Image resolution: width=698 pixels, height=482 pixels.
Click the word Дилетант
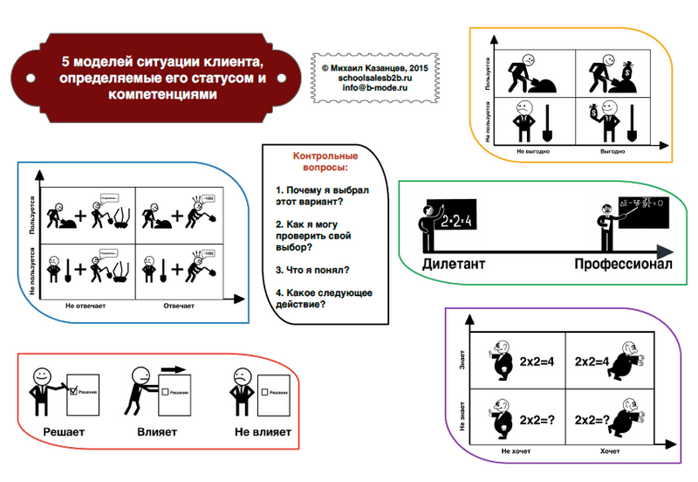454,265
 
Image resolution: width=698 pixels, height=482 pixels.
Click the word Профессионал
623,265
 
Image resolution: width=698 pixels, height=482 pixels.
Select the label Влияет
157,431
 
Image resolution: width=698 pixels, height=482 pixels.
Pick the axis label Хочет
610,451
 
